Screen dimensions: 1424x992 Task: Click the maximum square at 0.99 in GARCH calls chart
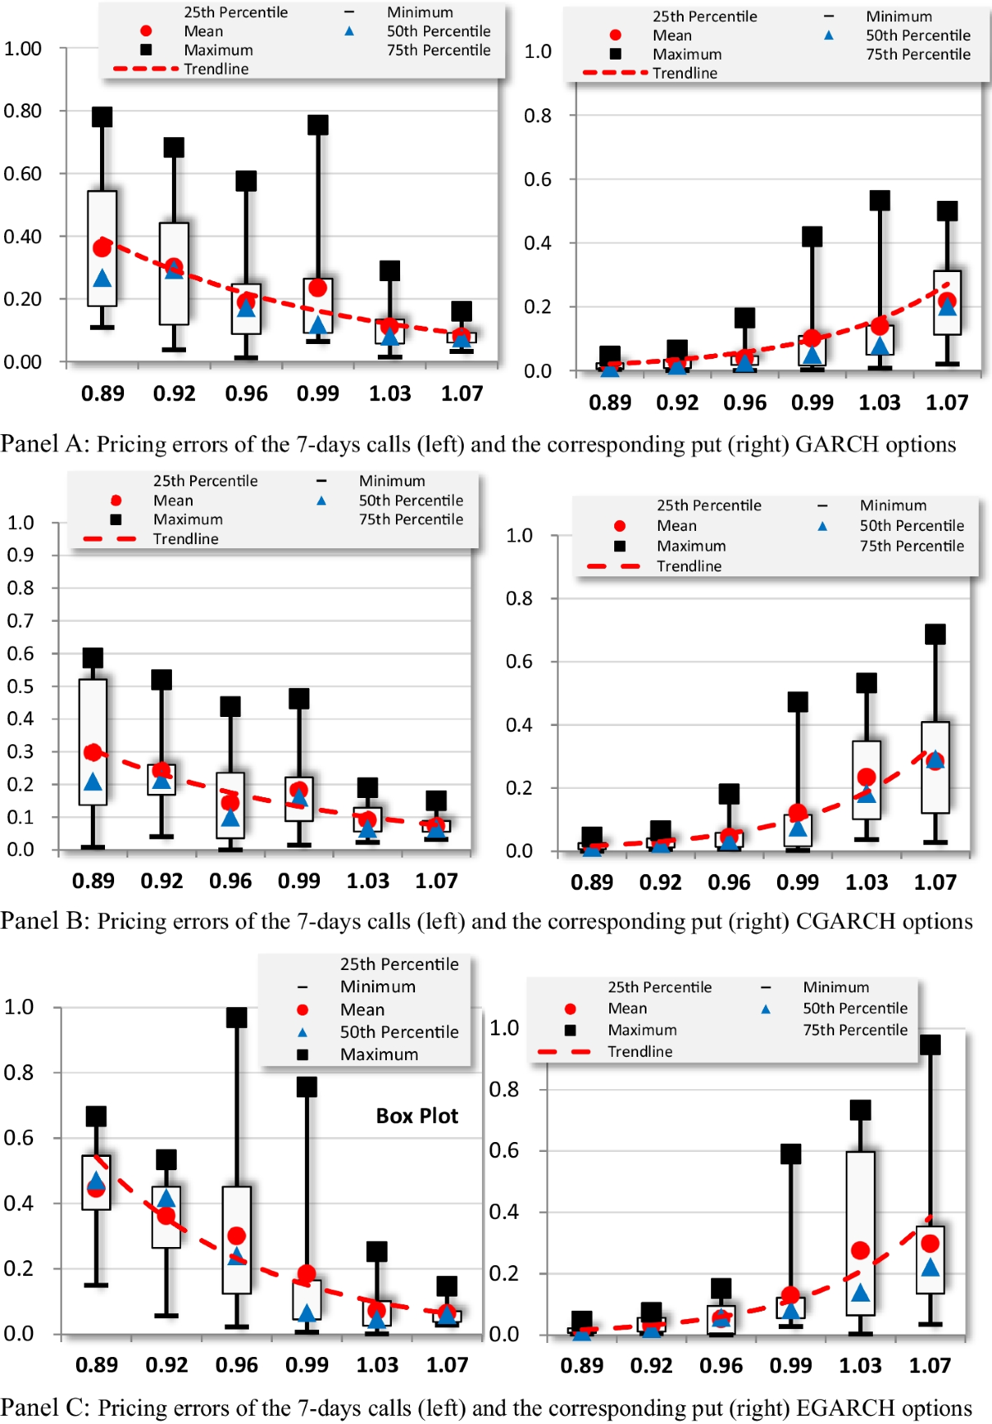[318, 125]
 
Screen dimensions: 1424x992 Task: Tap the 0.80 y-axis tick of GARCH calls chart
[23, 111]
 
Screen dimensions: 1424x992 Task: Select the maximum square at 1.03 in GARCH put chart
[880, 200]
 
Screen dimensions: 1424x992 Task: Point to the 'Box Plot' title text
[417, 1116]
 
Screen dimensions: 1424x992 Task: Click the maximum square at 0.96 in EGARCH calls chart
[236, 1017]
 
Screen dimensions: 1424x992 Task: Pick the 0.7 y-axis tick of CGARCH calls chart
[21, 620]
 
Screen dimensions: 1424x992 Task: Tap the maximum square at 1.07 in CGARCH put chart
[935, 634]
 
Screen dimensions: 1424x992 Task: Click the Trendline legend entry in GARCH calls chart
[216, 69]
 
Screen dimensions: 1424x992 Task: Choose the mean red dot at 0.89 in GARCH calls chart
[102, 247]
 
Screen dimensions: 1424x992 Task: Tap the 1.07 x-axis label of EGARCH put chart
[930, 1365]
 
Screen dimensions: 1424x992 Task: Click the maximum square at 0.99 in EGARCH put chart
[790, 1154]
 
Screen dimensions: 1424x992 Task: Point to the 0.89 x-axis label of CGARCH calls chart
[93, 881]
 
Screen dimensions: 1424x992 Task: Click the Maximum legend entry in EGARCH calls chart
[379, 1054]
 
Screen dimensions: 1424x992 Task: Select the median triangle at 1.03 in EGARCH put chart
[861, 1293]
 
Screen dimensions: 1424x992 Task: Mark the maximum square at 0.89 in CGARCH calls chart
[93, 657]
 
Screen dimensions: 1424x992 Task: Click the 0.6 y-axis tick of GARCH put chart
[537, 179]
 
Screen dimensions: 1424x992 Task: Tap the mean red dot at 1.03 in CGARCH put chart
[866, 777]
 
